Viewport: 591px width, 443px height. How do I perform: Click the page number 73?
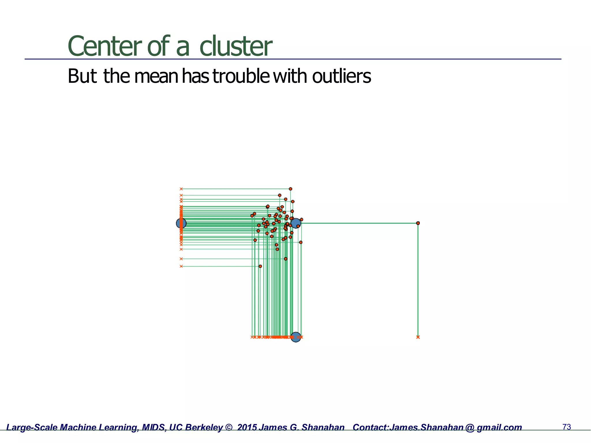point(567,427)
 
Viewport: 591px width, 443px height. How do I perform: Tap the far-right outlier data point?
point(418,223)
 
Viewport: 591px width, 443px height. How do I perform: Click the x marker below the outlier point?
point(418,337)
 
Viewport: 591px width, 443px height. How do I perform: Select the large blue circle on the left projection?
point(181,223)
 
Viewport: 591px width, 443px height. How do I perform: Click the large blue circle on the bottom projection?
point(295,337)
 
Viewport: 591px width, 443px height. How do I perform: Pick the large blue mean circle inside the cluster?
point(295,223)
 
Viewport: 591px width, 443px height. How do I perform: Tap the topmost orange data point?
point(290,189)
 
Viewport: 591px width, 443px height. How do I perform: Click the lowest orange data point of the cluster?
point(260,266)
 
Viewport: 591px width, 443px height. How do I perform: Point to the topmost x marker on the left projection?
point(181,189)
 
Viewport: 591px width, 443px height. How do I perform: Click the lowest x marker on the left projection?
point(181,266)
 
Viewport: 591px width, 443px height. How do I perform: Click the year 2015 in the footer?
point(247,427)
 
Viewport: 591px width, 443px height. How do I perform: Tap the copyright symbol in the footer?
point(229,427)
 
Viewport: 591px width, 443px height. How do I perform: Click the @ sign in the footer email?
point(470,427)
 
